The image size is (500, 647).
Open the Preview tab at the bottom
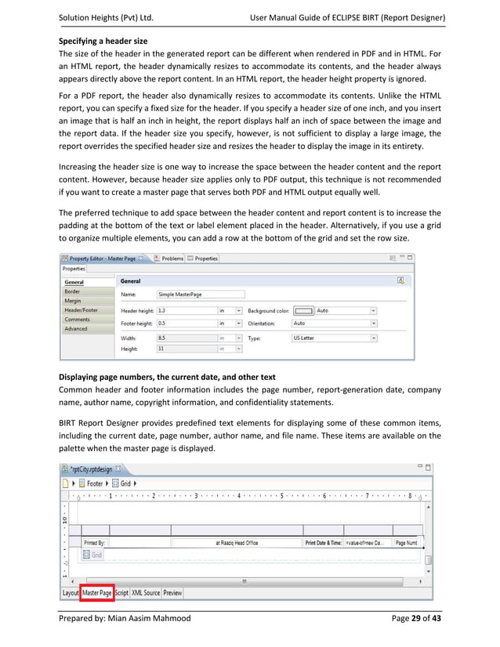172,593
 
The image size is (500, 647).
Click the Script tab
121,593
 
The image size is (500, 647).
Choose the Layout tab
71,593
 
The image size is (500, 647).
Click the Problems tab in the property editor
172,258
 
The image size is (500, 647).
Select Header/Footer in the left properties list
82,309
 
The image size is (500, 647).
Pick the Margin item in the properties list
73,300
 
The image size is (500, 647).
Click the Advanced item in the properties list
77,329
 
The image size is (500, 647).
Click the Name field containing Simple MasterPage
200,295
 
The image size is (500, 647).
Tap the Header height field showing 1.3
187,310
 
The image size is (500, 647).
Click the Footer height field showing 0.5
187,323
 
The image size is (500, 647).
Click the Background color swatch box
304,310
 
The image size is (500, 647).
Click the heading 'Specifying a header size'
103,40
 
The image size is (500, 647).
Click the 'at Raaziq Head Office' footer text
239,542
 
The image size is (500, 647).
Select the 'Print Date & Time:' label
322,542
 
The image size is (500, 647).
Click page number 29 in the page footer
416,619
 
